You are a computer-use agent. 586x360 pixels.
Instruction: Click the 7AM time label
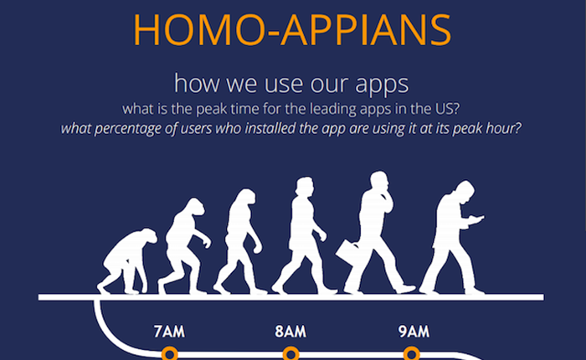point(169,332)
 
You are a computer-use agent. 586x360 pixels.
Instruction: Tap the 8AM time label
point(290,332)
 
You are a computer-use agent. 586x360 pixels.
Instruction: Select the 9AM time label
point(414,332)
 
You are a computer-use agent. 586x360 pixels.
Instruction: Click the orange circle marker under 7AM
point(169,353)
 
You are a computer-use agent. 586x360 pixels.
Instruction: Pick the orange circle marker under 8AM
point(290,353)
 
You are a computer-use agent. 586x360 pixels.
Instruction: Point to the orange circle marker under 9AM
point(412,353)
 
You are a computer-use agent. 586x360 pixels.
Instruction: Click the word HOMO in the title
point(199,30)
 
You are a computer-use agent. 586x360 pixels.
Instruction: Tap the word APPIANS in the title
point(367,30)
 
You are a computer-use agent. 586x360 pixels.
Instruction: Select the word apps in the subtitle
point(382,85)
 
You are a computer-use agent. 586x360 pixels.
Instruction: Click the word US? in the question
point(447,109)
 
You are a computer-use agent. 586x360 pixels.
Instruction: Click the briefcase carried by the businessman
point(347,252)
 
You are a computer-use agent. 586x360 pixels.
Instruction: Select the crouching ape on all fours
point(127,261)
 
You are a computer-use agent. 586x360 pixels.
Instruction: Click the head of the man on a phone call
point(379,182)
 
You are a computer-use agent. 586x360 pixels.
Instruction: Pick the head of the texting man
point(465,193)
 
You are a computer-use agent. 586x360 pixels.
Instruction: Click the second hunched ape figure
point(184,246)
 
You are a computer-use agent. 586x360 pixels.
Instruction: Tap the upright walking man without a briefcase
point(301,235)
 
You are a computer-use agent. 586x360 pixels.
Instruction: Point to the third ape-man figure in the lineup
point(239,242)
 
